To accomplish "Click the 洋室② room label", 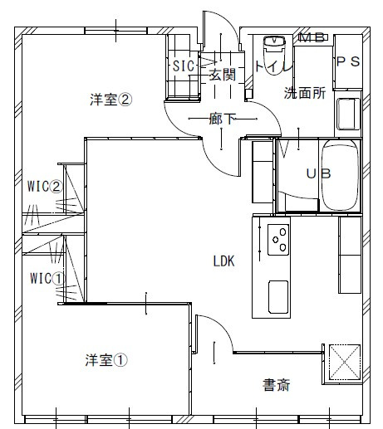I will pos(111,100).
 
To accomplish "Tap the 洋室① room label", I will pos(107,360).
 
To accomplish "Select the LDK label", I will pos(224,261).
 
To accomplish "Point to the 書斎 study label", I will pos(277,385).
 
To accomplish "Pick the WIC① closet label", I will pos(47,277).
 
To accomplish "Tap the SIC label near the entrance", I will pos(183,66).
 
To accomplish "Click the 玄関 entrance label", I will pos(222,75).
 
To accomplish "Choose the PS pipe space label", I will pos(347,61).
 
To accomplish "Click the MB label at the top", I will pos(310,37).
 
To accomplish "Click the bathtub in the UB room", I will pos(339,176).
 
